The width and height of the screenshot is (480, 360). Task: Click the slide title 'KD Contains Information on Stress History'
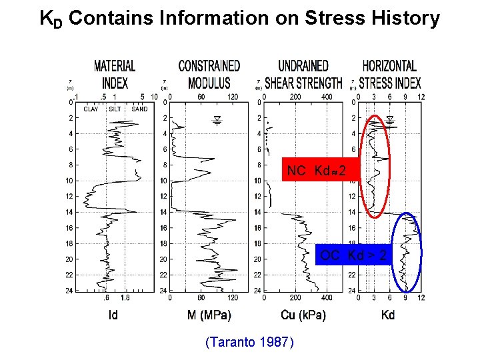click(x=240, y=18)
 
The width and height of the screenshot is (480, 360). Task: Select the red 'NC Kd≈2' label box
click(x=316, y=171)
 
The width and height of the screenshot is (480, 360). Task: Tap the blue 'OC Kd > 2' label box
click(x=353, y=255)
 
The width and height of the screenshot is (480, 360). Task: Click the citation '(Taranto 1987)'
click(x=249, y=342)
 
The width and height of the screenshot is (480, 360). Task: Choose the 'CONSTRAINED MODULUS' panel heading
click(x=209, y=74)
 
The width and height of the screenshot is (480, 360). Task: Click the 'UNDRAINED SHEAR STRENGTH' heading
click(x=304, y=74)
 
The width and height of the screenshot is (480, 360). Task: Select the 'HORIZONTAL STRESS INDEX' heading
click(x=390, y=74)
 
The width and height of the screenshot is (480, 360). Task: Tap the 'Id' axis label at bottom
click(x=113, y=315)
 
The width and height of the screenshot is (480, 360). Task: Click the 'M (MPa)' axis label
click(x=209, y=315)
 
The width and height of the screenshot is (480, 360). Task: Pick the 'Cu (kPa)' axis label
click(x=303, y=315)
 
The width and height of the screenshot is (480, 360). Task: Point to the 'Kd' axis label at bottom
click(x=388, y=315)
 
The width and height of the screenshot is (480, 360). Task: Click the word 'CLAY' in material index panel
click(x=91, y=109)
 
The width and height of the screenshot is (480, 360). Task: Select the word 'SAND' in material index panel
click(x=139, y=109)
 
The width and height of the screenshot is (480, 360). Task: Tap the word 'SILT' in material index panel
click(x=115, y=109)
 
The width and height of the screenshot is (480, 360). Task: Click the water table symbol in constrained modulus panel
click(x=217, y=120)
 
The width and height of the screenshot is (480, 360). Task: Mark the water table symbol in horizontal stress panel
click(x=391, y=120)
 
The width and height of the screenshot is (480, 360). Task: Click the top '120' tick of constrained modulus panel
click(x=233, y=97)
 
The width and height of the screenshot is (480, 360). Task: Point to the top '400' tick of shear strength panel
click(x=327, y=97)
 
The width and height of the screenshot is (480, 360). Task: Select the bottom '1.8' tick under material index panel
click(x=125, y=298)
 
